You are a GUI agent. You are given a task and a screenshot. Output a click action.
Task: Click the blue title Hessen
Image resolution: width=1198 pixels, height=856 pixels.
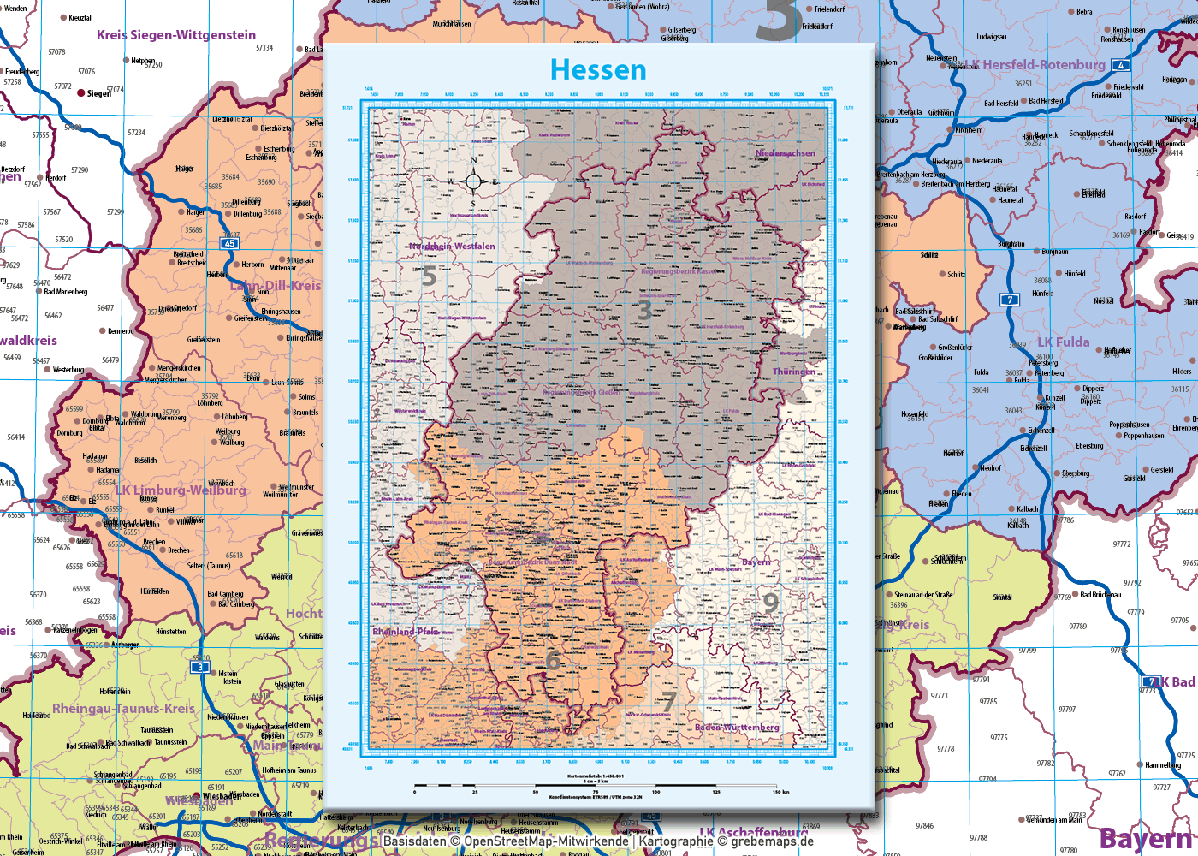598,69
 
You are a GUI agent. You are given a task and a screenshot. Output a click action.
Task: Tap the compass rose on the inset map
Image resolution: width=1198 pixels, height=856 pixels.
473,181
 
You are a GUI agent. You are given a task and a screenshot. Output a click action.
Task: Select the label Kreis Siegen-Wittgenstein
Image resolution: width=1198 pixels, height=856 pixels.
176,35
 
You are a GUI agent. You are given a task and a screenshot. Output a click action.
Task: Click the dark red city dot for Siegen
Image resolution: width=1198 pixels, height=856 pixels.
81,92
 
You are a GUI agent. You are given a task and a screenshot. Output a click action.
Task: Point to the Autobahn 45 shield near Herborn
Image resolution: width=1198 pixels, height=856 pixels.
229,244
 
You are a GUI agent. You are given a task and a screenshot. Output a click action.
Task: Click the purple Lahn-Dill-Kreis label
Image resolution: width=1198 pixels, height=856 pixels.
276,285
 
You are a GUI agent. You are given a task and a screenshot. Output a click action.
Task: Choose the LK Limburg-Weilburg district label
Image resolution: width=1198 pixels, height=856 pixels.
181,490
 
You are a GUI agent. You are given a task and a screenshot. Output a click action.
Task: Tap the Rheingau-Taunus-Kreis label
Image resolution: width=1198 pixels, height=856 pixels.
124,709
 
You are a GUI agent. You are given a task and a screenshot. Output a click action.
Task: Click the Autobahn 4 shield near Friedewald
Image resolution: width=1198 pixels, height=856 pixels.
1120,65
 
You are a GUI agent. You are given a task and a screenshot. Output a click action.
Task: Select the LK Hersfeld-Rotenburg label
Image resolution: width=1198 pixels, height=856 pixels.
1037,65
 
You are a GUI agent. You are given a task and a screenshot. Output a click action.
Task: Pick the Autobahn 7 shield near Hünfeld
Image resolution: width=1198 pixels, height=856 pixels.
1011,300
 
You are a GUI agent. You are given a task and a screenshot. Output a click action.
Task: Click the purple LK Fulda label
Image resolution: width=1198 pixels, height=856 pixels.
1064,342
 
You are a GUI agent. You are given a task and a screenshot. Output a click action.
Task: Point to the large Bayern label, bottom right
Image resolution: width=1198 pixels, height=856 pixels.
1147,839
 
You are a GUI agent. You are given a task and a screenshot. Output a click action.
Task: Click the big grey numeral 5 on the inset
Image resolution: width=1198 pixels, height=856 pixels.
430,276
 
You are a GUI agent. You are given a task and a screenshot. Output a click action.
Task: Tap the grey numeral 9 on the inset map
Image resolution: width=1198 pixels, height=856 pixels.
770,603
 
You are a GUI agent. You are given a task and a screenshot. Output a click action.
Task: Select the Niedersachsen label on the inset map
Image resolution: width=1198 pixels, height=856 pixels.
785,153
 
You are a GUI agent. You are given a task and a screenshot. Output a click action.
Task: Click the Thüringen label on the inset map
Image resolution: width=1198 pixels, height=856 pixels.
793,372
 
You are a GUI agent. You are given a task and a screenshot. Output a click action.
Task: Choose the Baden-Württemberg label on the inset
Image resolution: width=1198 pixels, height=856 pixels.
737,728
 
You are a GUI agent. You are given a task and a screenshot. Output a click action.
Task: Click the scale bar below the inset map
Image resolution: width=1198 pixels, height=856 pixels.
599,784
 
